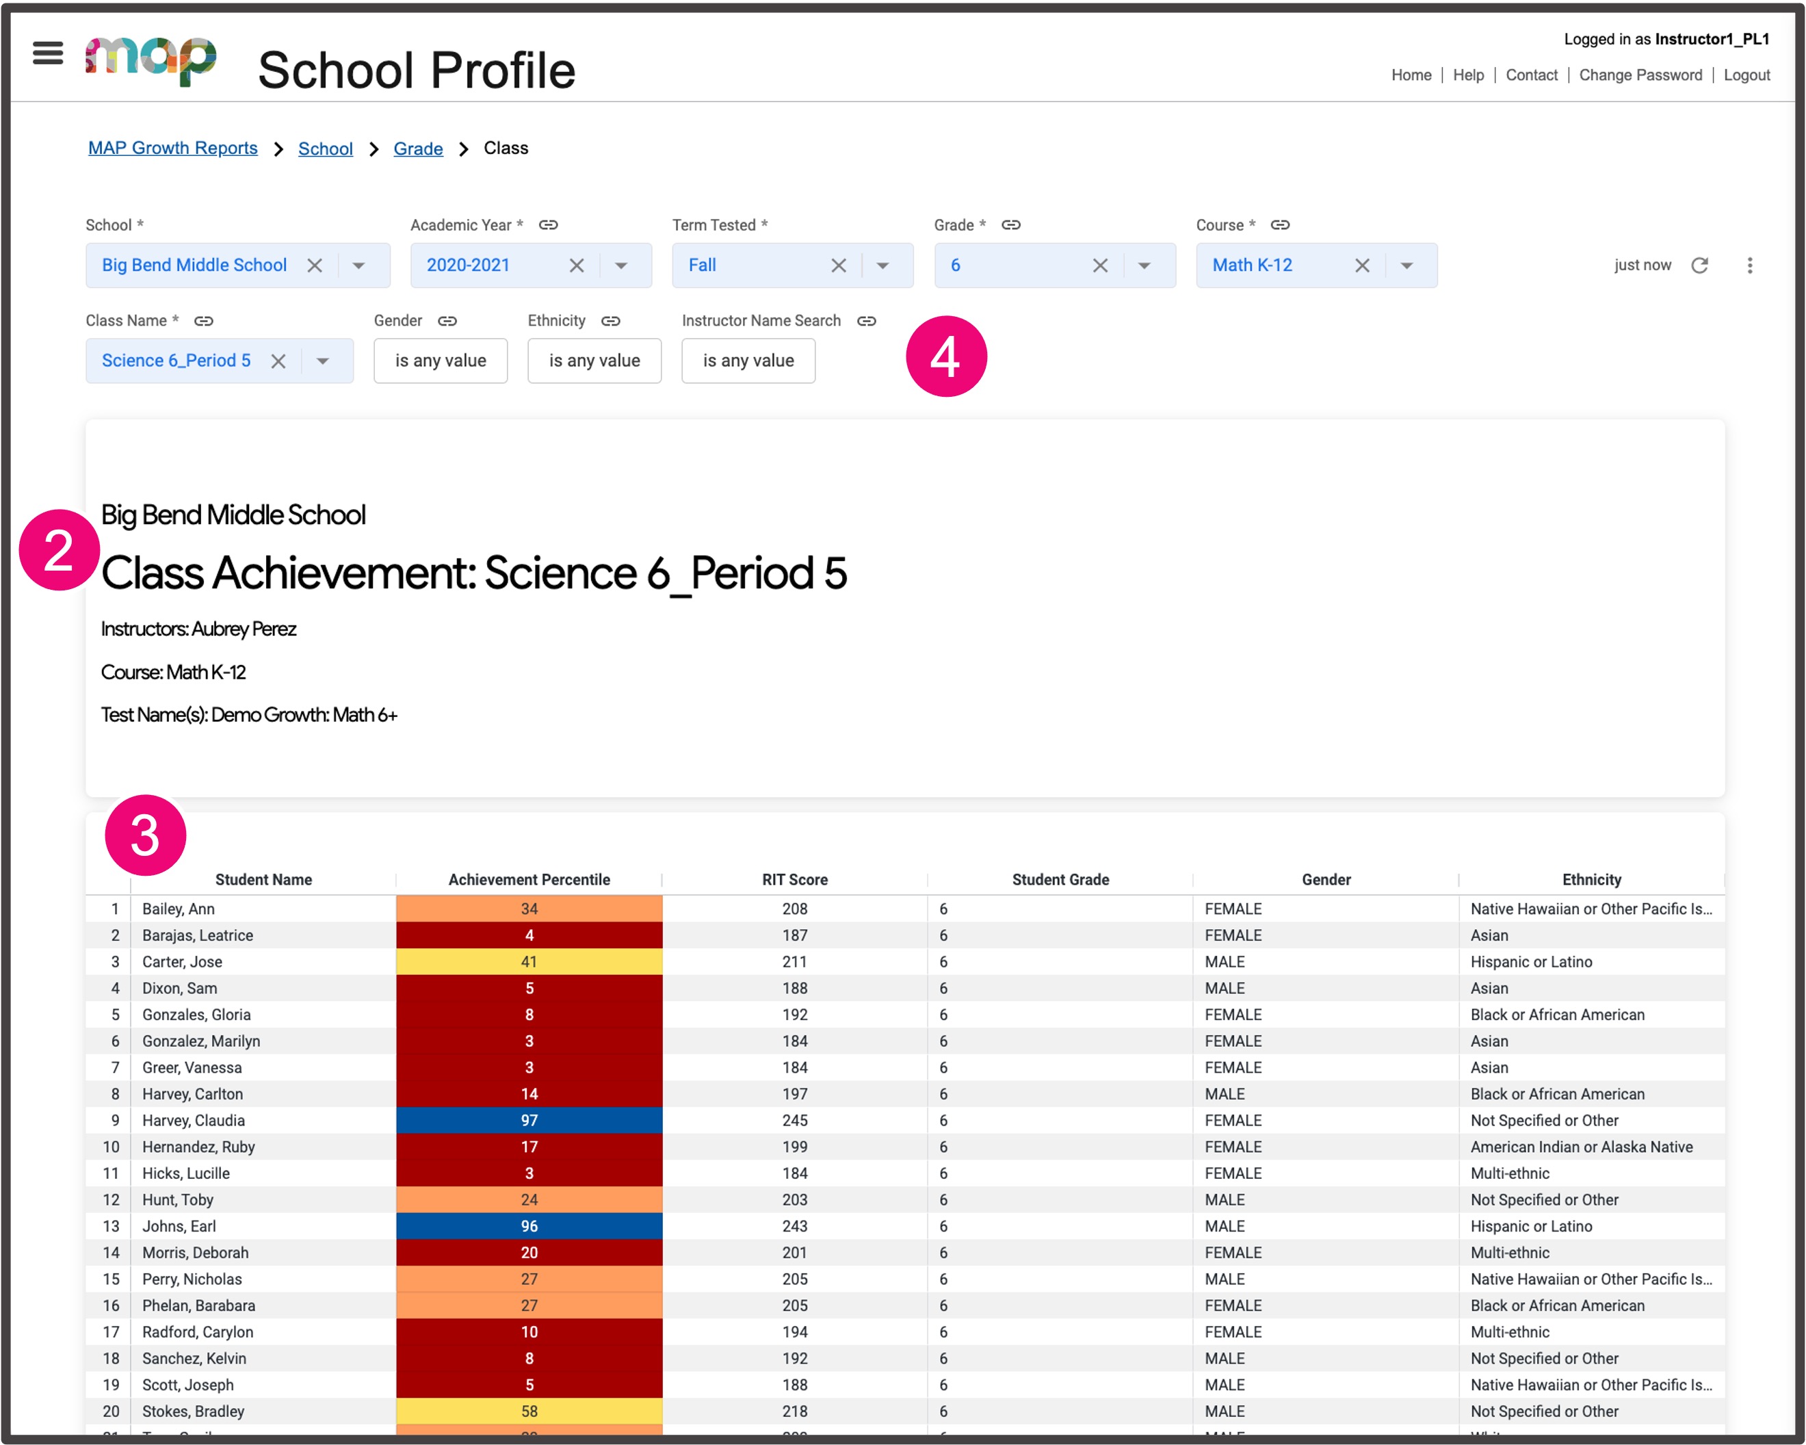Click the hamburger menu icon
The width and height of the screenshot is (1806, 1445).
point(48,53)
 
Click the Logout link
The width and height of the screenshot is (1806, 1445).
point(1746,75)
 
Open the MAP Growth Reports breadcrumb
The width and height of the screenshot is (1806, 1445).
point(172,148)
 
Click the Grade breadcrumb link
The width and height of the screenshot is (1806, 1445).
point(418,149)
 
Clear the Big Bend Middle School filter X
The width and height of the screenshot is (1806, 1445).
point(315,265)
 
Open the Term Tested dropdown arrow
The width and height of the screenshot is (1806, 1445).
point(882,265)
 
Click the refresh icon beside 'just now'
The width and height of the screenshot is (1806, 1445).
point(1699,265)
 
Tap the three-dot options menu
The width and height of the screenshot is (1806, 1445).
point(1749,265)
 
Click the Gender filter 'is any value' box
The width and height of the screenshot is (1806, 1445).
point(441,361)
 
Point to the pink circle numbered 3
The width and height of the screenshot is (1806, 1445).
point(145,835)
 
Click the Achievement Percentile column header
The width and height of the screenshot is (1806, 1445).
point(529,880)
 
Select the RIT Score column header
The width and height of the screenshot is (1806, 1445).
point(794,880)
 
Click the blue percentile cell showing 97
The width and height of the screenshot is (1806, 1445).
point(529,1121)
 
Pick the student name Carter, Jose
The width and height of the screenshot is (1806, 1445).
point(182,962)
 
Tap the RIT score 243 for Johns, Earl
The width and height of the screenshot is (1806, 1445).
point(794,1226)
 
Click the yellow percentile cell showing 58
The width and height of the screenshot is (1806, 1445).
point(529,1411)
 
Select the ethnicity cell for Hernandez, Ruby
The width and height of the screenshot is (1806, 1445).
point(1581,1147)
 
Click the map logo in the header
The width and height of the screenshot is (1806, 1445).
point(150,60)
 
